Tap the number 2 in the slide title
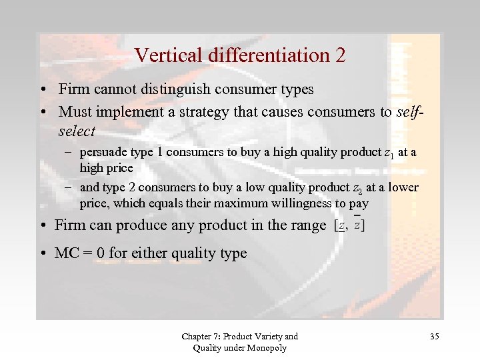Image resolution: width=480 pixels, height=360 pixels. click(341, 55)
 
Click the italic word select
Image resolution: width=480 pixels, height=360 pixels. click(77, 131)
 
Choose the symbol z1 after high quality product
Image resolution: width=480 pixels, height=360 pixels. click(389, 153)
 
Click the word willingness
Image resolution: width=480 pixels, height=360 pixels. click(301, 203)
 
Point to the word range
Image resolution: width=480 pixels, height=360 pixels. click(308, 225)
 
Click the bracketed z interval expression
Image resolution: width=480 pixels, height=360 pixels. click(349, 224)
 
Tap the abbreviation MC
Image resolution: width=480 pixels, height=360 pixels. click(67, 253)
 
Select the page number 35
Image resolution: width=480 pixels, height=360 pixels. click(434, 337)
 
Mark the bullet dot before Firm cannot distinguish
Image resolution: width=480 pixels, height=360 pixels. click(42, 89)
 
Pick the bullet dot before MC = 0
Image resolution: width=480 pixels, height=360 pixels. click(42, 254)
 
